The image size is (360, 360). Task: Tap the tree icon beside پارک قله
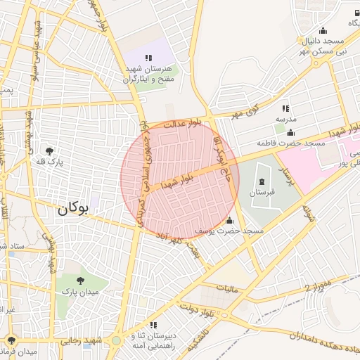tap(49, 150)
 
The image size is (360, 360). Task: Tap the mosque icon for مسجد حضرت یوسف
tap(229, 221)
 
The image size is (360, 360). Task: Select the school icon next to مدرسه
tap(285, 108)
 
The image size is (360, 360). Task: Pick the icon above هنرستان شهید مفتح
tap(148, 58)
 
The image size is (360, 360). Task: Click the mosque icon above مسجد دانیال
tap(323, 30)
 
